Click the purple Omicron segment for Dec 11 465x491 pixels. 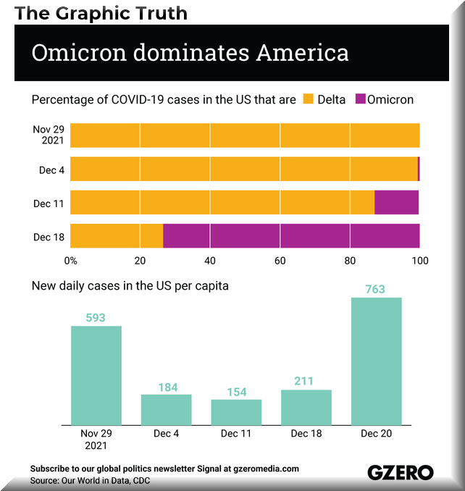(396, 202)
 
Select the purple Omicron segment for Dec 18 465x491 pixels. (291, 236)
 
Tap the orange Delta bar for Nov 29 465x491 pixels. (245, 135)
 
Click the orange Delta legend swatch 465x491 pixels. (308, 99)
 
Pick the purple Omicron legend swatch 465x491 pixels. (361, 99)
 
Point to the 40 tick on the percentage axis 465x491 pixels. (210, 261)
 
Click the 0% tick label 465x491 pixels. (71, 261)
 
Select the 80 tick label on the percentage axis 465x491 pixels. (350, 261)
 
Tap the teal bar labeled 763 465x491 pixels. (377, 361)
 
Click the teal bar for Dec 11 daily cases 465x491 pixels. (236, 412)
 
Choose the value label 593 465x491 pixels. (96, 318)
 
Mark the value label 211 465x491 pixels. (303, 381)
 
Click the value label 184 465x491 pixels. (168, 387)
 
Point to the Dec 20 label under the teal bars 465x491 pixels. (377, 433)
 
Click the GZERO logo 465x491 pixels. (401, 472)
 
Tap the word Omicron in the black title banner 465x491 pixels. (79, 53)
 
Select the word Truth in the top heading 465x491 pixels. (162, 13)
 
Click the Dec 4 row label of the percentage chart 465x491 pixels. (51, 170)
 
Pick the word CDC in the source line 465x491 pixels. (141, 481)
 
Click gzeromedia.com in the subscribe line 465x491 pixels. (266, 469)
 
